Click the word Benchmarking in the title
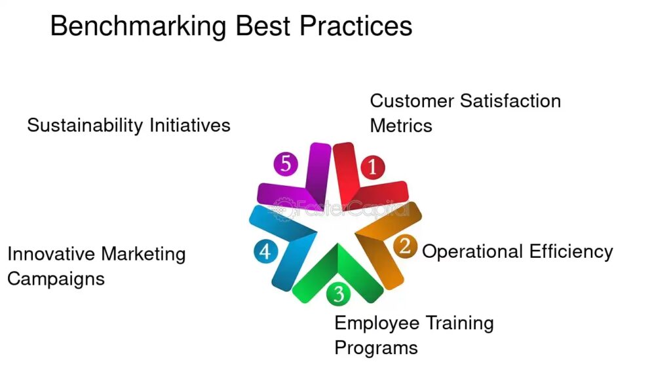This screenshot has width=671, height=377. pos(138,26)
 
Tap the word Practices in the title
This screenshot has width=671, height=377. pos(356,26)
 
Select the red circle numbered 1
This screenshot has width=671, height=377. pos(372,167)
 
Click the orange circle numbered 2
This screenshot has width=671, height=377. pos(405,246)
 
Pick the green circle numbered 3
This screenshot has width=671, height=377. pos(339,294)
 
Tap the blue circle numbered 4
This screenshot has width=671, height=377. pos(265,251)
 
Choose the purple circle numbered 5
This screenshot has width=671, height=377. pos(286,164)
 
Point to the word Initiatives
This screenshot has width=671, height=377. pos(190,125)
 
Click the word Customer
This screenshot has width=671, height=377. pos(412,101)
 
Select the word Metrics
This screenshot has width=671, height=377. pos(401,126)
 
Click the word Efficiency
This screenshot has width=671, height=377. pos(571,252)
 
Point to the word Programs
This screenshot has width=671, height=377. pos(376,348)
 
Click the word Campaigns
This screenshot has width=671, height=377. pos(56,279)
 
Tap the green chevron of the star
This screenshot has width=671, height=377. pos(338,274)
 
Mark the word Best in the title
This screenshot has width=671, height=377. pos(263,26)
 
